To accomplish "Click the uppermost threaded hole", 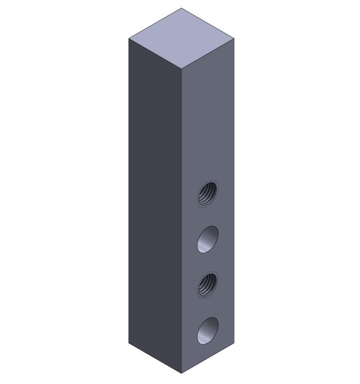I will pos(208,193).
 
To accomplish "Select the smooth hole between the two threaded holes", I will pos(208,239).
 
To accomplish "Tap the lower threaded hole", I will pos(208,285).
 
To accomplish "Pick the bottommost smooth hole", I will pos(208,331).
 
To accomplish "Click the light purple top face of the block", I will pos(181,38).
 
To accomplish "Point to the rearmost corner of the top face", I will pos(182,8).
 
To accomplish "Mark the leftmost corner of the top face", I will pos(129,39).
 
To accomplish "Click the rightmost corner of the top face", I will pos(235,39).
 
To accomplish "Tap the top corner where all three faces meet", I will pos(182,70).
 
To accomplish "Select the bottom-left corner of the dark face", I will pos(129,343).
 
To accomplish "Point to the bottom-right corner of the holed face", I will pos(235,343).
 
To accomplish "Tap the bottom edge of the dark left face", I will pos(155,359).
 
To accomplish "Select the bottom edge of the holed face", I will pos(208,359).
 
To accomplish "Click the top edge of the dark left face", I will pos(155,54).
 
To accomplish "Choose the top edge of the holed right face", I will pos(208,54).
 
